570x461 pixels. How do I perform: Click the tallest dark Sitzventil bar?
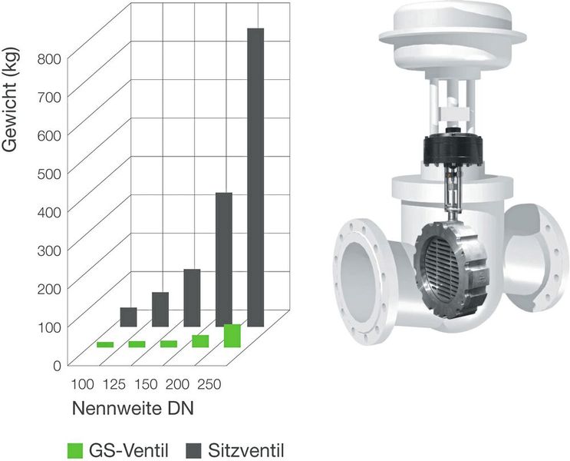coord(255,177)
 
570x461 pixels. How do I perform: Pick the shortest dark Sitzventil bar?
coord(128,317)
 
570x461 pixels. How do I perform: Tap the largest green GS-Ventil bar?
coord(232,336)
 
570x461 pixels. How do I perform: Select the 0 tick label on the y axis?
coord(56,364)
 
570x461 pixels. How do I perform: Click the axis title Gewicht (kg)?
coord(12,108)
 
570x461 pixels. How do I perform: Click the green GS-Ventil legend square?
coord(74,449)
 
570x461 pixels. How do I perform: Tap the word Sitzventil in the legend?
coord(246,449)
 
